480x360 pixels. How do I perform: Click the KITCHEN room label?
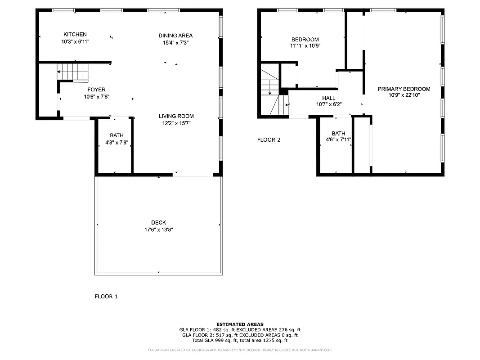75,35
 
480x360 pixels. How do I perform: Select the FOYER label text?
96,90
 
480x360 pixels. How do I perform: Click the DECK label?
158,222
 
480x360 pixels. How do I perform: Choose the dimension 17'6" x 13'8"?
158,229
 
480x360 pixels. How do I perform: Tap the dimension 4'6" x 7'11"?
338,140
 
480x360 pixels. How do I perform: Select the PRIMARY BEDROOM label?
404,89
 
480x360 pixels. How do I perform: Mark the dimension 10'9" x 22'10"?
404,95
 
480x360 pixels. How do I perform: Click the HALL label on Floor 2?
329,98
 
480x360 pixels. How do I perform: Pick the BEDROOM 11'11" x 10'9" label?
305,39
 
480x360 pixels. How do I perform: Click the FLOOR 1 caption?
106,296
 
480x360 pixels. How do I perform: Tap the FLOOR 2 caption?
269,139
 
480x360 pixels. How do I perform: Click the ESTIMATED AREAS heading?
240,324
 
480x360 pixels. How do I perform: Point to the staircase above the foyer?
72,72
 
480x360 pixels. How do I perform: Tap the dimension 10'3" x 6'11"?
75,41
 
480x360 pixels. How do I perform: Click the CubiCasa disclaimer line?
240,350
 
